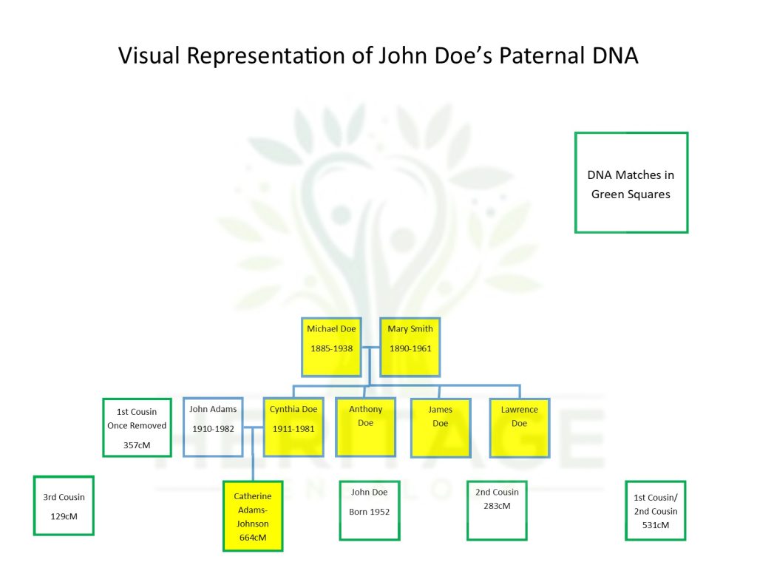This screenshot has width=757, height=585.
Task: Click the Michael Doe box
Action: tap(331, 347)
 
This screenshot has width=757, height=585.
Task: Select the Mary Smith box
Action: tap(410, 347)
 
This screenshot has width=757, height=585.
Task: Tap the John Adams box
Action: tap(213, 427)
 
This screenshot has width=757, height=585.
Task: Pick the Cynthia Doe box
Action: tap(293, 427)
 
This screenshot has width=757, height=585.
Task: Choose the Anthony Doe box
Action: tap(366, 427)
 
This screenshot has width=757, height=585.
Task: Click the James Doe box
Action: tap(441, 427)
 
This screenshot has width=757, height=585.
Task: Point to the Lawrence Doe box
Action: tap(520, 427)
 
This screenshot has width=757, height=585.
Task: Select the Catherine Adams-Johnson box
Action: tap(253, 516)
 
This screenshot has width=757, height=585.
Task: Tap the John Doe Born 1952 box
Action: tap(370, 510)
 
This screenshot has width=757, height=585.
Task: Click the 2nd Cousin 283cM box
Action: tap(497, 510)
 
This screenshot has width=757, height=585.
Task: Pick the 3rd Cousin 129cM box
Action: tap(64, 505)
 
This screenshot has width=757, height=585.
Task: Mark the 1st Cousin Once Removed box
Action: tap(138, 427)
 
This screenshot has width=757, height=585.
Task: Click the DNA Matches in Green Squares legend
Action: tap(631, 183)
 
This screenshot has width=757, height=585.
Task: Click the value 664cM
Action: tap(253, 538)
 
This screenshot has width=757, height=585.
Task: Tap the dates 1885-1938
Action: tap(331, 348)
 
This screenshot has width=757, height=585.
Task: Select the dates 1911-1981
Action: tap(293, 429)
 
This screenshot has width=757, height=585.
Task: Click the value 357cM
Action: tap(138, 445)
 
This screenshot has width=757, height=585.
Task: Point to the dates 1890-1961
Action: tap(410, 348)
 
